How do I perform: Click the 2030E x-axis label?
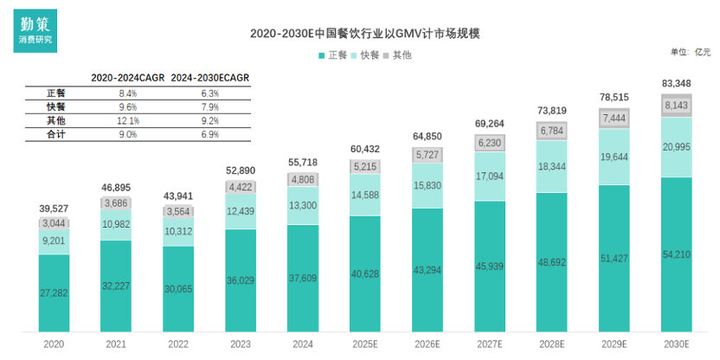click(676, 344)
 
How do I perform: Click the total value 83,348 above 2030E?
click(676, 83)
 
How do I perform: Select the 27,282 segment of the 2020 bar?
click(54, 293)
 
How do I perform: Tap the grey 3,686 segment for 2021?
click(116, 203)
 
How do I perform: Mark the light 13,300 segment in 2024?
click(302, 205)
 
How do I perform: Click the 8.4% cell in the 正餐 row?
click(127, 93)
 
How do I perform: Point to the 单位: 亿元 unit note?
click(690, 52)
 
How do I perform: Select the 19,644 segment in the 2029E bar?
click(614, 157)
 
